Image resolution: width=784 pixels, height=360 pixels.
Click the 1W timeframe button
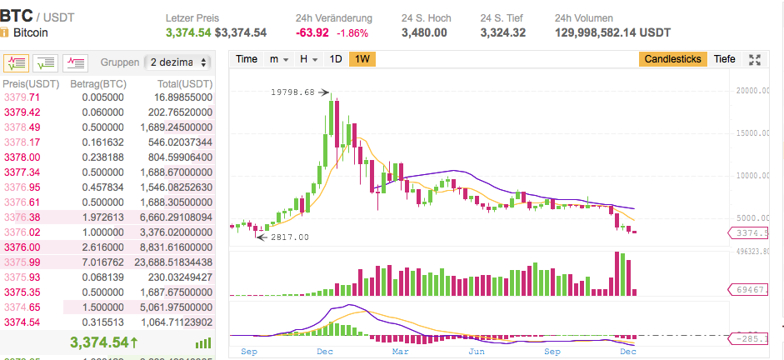click(x=362, y=59)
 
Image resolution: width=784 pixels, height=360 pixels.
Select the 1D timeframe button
click(x=336, y=59)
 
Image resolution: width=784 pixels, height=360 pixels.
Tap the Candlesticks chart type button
click(x=674, y=59)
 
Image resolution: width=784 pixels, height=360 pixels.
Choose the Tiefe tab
click(x=725, y=59)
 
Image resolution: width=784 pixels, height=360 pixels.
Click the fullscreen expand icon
click(x=756, y=59)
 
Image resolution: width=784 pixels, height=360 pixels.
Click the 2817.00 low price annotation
click(x=291, y=237)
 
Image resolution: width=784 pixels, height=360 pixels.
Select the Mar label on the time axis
click(x=400, y=352)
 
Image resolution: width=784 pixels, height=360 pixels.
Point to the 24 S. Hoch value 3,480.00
click(x=423, y=32)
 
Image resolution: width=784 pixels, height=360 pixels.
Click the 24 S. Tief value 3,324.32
click(x=502, y=32)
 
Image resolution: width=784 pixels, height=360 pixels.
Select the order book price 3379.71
click(x=22, y=97)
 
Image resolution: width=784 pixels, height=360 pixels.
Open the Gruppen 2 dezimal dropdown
click(x=177, y=62)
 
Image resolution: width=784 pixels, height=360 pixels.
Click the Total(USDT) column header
click(x=185, y=84)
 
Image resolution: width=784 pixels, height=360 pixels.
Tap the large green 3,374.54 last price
click(x=106, y=342)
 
